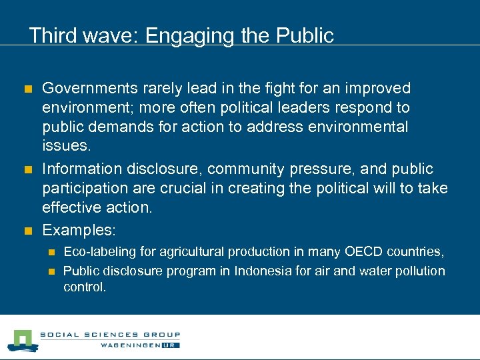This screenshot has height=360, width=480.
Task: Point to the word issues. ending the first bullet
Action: pos(64,146)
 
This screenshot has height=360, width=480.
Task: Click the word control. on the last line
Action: pos(85,287)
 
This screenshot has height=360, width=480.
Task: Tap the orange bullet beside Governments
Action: pos(27,89)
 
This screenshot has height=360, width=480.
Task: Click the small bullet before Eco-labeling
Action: pos(51,252)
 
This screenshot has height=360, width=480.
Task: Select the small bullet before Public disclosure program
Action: pos(51,271)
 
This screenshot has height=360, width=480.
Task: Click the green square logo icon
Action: pos(21,341)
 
